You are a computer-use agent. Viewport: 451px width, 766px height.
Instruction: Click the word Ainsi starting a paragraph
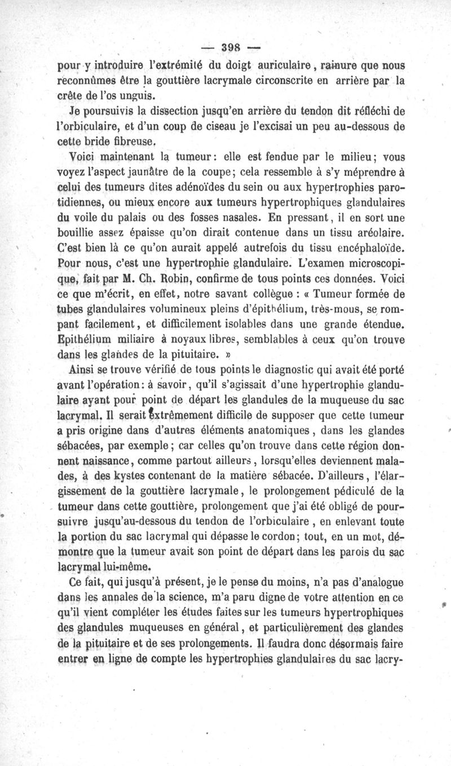pos(81,369)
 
